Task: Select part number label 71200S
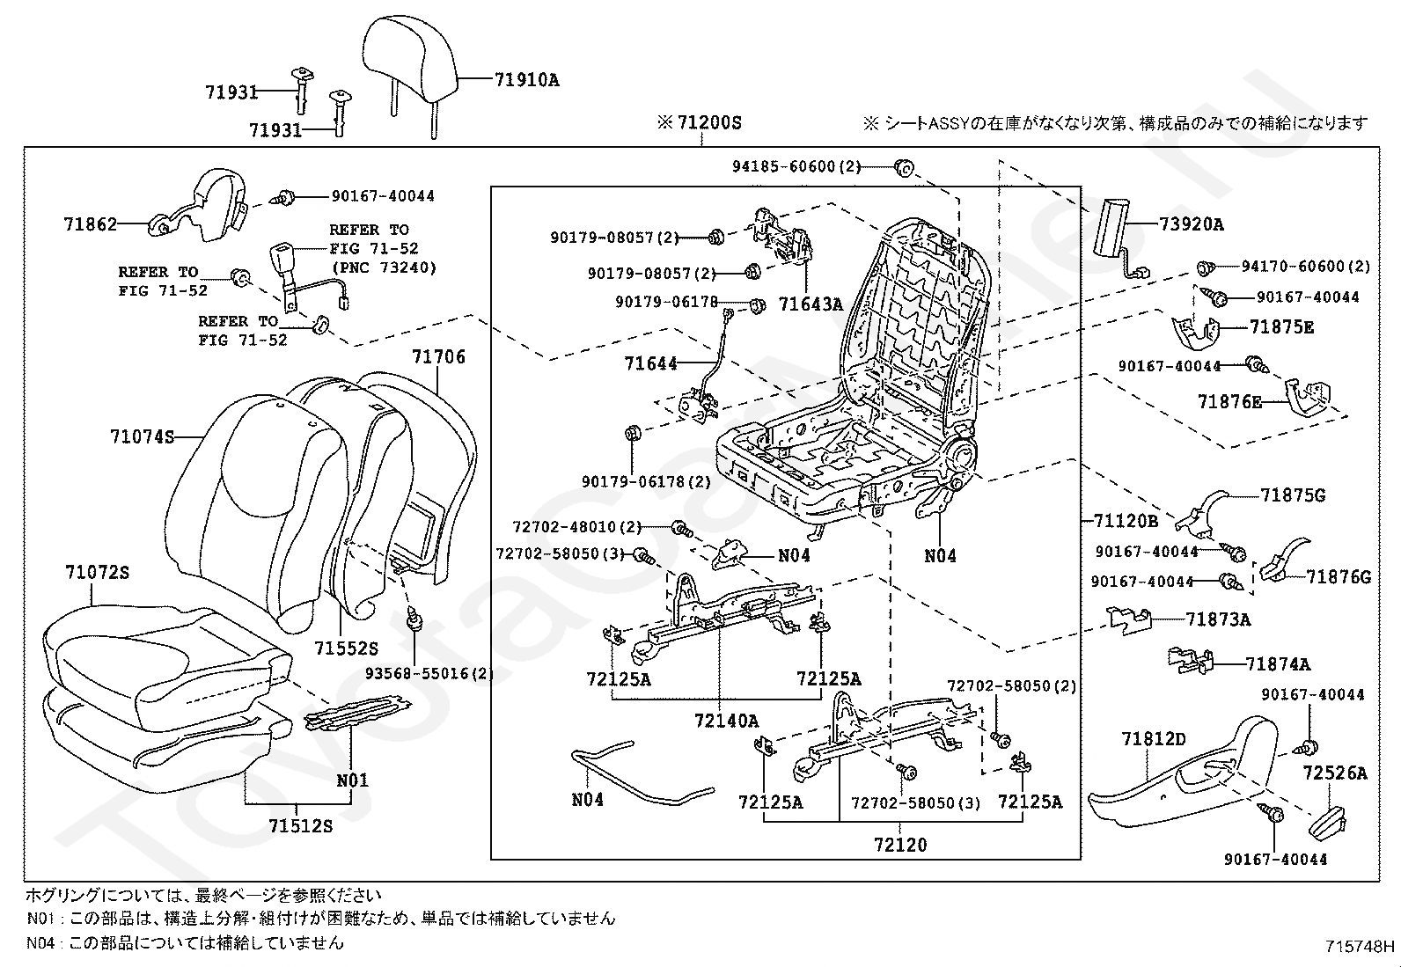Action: click(709, 122)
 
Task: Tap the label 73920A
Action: click(1192, 224)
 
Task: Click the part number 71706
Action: click(438, 357)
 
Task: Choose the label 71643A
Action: click(811, 304)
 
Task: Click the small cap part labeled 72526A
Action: click(1327, 821)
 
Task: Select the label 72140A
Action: click(726, 722)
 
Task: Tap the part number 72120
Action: click(900, 845)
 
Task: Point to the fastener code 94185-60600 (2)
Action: click(796, 166)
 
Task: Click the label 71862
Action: click(90, 223)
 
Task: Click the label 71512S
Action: click(301, 825)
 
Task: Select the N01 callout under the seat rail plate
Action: click(352, 780)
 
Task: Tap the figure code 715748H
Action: click(1359, 947)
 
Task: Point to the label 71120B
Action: click(1126, 520)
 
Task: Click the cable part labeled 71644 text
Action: click(650, 363)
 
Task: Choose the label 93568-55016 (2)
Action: click(429, 673)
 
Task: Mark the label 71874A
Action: click(1277, 663)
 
